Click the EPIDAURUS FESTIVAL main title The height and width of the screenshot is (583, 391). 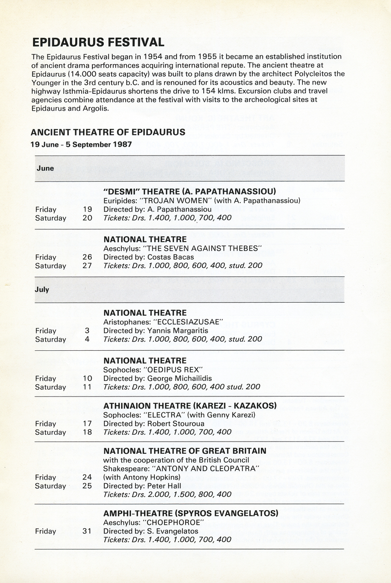pos(98,42)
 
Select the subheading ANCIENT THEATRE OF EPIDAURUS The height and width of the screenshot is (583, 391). pos(108,132)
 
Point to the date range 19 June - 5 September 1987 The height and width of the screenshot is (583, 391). pos(81,144)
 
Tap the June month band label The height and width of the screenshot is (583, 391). pos(45,168)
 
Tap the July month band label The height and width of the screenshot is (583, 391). pos(42,289)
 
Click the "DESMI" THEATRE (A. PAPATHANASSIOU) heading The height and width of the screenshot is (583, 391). pos(190,191)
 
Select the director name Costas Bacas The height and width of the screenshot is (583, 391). pos(170,257)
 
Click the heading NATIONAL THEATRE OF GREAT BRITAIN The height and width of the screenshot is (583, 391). pos(185,451)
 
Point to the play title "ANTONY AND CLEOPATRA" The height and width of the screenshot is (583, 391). pos(206,468)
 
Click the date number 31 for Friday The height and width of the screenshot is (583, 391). pos(87,531)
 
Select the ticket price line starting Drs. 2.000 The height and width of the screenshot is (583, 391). pos(167,495)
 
